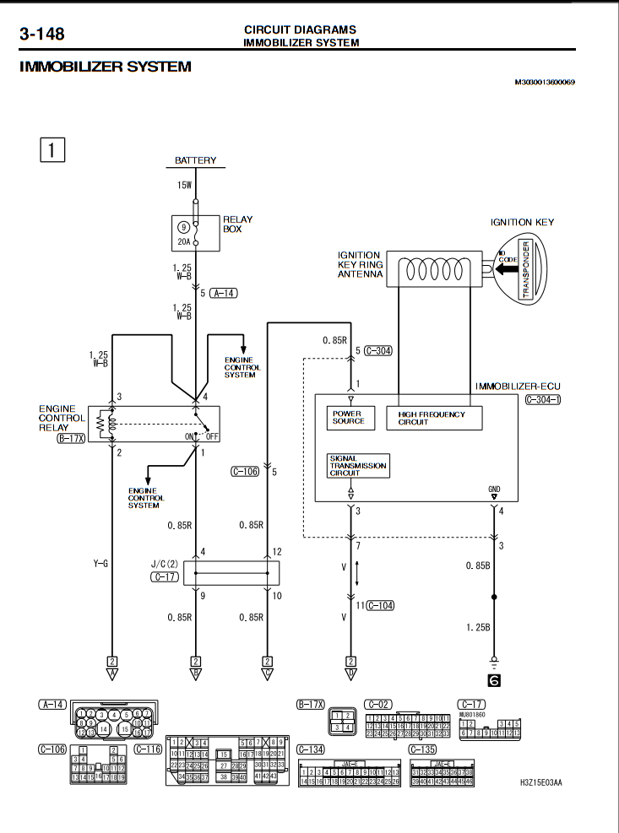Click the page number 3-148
(42, 35)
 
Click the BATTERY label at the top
(196, 160)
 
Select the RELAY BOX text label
(237, 224)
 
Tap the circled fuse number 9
(183, 226)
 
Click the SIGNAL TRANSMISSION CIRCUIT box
(358, 465)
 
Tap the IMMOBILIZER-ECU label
(518, 386)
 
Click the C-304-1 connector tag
(542, 399)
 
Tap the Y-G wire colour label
(100, 562)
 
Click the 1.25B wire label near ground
(478, 628)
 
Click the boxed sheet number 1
(52, 150)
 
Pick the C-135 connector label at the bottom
(423, 749)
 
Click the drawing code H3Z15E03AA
(540, 782)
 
